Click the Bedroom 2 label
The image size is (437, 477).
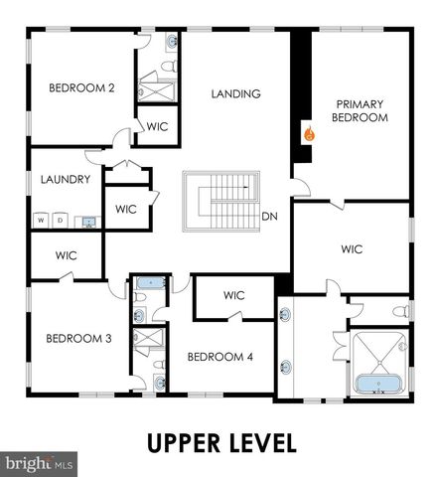pyautogui.click(x=82, y=88)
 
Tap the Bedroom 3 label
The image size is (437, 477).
pyautogui.click(x=78, y=338)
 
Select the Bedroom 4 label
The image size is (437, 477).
pyautogui.click(x=219, y=357)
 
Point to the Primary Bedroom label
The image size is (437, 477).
pyautogui.click(x=361, y=110)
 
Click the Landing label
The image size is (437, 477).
pyautogui.click(x=236, y=94)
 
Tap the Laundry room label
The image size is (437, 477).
pyautogui.click(x=66, y=180)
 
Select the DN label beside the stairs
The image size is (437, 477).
pyautogui.click(x=269, y=216)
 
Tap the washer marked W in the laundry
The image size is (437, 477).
pyautogui.click(x=42, y=220)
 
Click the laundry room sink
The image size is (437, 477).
pyautogui.click(x=89, y=221)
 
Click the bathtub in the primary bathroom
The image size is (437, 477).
pyautogui.click(x=378, y=384)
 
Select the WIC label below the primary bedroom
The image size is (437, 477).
pyautogui.click(x=353, y=248)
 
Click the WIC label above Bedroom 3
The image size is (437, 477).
pyautogui.click(x=67, y=255)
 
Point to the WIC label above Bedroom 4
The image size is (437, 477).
pyautogui.click(x=234, y=295)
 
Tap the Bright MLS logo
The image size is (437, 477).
pyautogui.click(x=40, y=463)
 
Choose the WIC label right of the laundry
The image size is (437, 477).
pyautogui.click(x=126, y=210)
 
